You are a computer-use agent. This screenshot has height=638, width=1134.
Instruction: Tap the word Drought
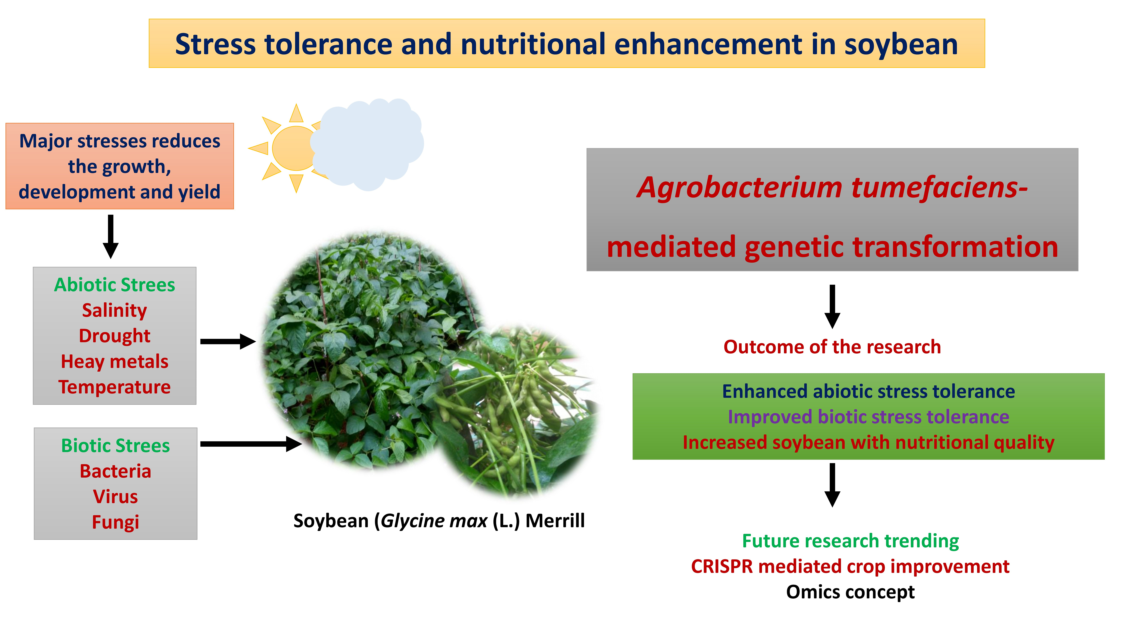click(115, 336)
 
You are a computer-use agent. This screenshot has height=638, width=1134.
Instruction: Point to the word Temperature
click(115, 387)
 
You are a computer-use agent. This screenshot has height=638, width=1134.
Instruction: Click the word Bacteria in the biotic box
click(115, 471)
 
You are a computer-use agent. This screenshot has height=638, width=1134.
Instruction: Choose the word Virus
click(115, 497)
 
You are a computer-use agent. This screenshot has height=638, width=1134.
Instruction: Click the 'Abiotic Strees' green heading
click(115, 285)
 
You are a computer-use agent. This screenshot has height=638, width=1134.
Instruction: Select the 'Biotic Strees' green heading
click(115, 446)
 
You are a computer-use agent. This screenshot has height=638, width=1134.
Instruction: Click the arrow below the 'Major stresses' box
click(111, 236)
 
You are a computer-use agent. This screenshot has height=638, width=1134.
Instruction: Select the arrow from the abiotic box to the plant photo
click(228, 341)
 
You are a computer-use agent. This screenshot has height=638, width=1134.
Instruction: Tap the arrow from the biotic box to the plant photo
click(251, 444)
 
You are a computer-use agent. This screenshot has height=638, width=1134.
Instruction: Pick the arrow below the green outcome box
click(832, 485)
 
